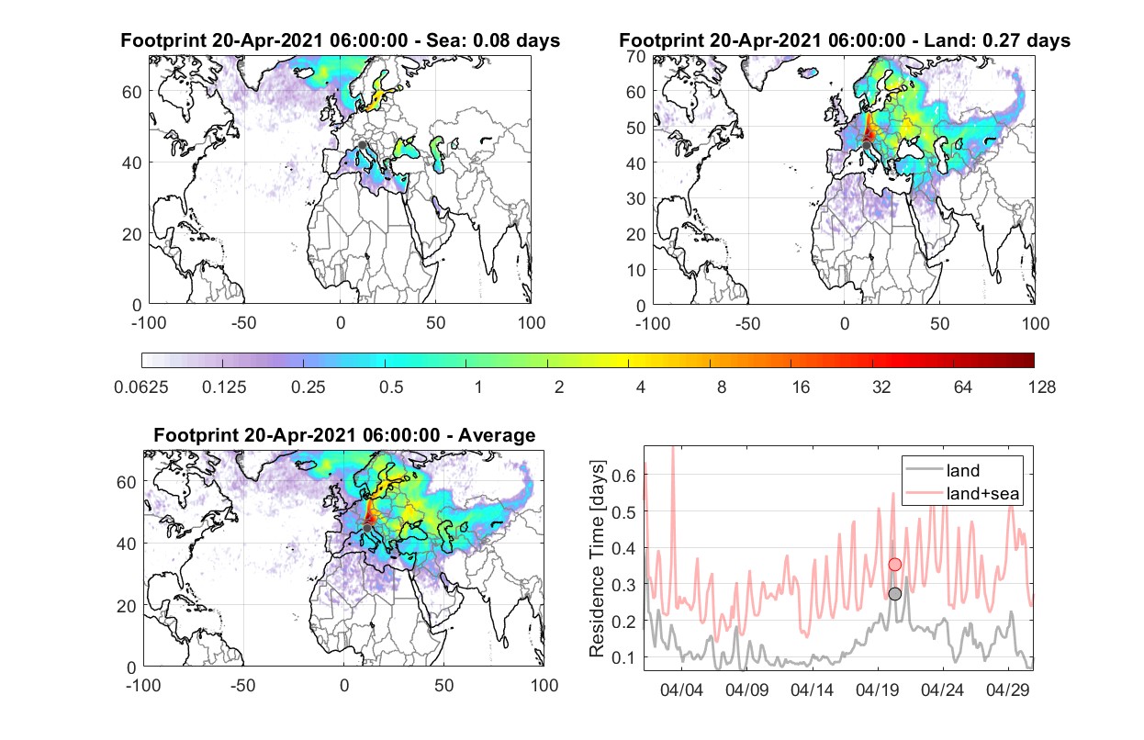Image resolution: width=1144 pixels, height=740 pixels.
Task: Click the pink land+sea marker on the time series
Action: [x=895, y=565]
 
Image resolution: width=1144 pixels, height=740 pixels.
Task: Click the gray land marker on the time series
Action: [x=895, y=594]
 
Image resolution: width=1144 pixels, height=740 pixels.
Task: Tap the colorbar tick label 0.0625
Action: [x=141, y=387]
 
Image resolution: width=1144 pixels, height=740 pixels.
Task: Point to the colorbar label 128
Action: [x=1041, y=387]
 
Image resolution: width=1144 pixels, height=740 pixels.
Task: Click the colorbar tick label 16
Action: [x=801, y=387]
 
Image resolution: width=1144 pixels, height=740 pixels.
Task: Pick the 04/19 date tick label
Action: [x=877, y=690]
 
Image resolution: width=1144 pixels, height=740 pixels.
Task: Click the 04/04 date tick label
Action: [x=681, y=690]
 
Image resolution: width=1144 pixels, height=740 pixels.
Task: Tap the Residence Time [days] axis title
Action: [x=597, y=559]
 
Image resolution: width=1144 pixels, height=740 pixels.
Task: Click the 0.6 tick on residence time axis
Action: [x=623, y=476]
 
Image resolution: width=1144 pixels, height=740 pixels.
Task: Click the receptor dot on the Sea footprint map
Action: [x=362, y=145]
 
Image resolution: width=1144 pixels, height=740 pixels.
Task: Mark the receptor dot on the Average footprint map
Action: [x=367, y=528]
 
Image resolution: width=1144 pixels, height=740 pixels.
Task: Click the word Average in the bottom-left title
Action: [x=497, y=435]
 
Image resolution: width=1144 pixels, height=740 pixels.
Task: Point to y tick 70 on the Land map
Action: [x=636, y=57]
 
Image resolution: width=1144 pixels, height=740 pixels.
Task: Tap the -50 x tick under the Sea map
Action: [x=243, y=323]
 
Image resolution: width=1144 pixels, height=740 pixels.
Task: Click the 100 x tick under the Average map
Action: [x=544, y=685]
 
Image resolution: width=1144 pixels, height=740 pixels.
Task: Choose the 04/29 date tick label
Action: [x=1007, y=690]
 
